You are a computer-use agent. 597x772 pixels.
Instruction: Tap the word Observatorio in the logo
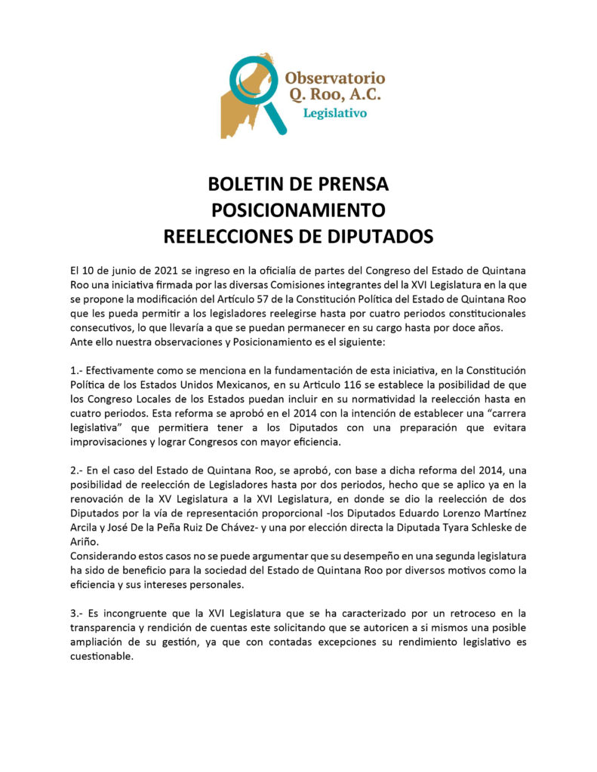(335, 78)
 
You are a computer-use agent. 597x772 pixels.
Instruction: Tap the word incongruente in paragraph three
(137, 614)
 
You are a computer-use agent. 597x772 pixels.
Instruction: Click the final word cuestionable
(101, 657)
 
